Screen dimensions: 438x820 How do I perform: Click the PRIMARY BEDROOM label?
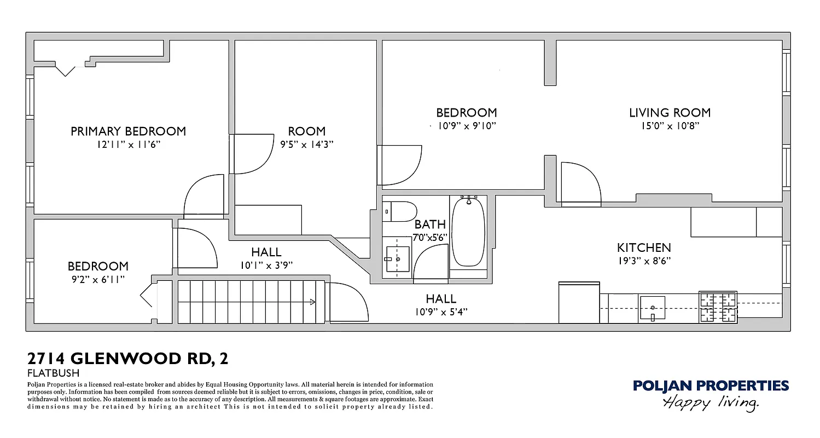point(128,131)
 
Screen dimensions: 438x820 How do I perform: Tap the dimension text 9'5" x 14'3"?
point(306,144)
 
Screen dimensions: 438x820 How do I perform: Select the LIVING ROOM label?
point(670,113)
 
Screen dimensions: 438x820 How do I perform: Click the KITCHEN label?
point(643,247)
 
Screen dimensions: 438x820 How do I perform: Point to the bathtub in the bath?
point(468,233)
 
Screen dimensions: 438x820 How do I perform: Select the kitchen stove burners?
point(718,307)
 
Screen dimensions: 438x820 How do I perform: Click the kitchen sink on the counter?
point(653,307)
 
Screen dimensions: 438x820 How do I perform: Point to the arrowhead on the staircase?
point(312,302)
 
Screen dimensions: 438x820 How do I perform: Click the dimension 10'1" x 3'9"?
point(266,265)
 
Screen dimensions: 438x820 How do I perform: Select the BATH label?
point(429,224)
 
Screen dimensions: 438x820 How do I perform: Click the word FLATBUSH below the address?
point(53,373)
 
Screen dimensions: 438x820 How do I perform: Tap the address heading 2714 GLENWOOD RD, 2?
point(127,359)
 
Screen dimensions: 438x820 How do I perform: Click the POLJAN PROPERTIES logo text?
point(711,386)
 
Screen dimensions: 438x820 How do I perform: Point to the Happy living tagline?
point(711,404)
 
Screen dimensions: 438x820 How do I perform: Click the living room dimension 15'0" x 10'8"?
point(670,125)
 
